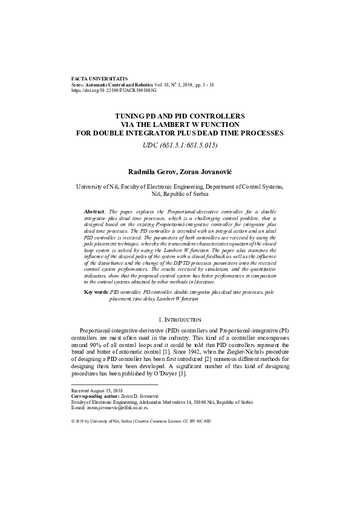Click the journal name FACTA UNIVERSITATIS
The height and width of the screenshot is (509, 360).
pyautogui.click(x=99, y=79)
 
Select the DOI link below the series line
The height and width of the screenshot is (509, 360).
pyautogui.click(x=114, y=91)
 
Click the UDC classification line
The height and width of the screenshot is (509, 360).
pyautogui.click(x=180, y=146)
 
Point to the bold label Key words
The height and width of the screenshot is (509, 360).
pyautogui.click(x=96, y=291)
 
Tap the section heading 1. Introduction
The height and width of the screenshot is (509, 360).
pyautogui.click(x=180, y=319)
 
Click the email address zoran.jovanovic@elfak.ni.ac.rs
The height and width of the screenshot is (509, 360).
pyautogui.click(x=121, y=407)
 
